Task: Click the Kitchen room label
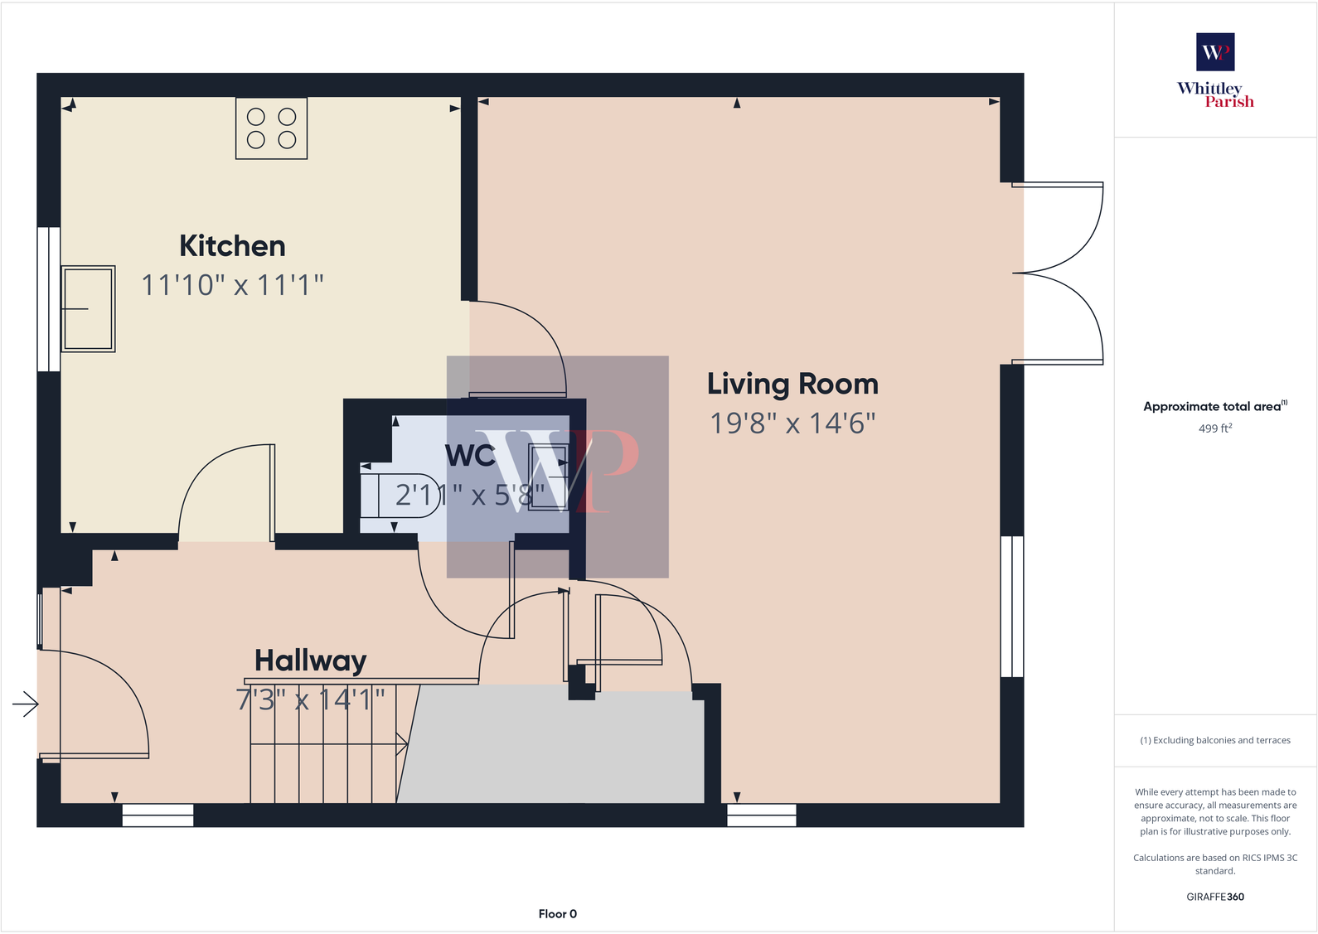(232, 246)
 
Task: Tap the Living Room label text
(792, 385)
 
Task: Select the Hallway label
(310, 661)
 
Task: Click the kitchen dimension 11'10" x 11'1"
(232, 285)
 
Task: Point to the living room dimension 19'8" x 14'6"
(792, 423)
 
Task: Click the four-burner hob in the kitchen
(271, 128)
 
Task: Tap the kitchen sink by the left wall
(88, 309)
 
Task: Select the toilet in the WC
(398, 495)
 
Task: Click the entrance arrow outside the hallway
(26, 704)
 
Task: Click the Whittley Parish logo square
(1215, 52)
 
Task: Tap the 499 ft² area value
(1215, 428)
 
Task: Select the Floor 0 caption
(557, 914)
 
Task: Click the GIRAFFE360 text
(1215, 897)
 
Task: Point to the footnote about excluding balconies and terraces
(1215, 740)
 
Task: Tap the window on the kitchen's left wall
(48, 298)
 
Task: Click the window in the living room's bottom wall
(762, 815)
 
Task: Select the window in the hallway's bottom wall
(157, 815)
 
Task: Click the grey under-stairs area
(555, 746)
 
